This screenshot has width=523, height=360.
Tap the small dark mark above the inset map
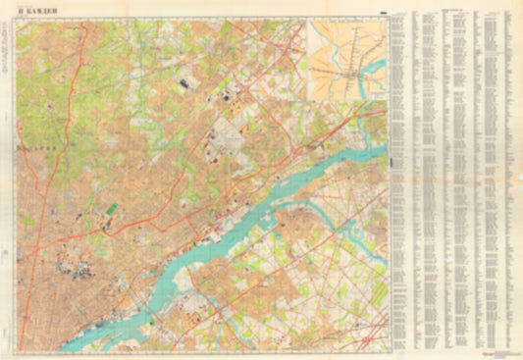[x=382, y=13]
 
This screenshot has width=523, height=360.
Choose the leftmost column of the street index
[x=398, y=177]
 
